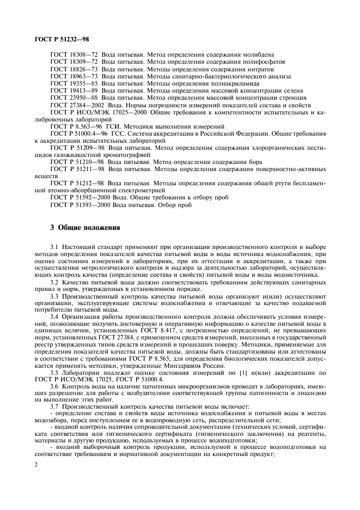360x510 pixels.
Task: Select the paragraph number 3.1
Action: (x=54, y=248)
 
